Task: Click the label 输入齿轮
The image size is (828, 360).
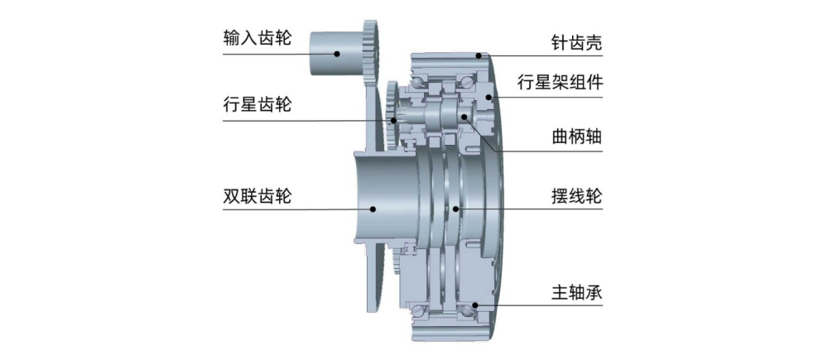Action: [258, 37]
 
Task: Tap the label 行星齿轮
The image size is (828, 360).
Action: [258, 104]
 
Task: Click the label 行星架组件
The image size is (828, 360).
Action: [561, 83]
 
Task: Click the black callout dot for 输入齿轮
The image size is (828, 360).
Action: [336, 53]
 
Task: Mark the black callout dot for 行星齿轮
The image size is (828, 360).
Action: [392, 120]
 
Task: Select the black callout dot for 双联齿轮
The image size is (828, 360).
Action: [373, 209]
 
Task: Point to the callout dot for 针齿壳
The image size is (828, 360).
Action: [479, 55]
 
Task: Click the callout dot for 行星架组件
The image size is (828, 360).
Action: [489, 97]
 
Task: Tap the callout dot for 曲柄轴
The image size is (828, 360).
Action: [463, 118]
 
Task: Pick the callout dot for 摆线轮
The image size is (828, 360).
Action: [456, 209]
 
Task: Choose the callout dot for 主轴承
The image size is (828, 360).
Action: [475, 305]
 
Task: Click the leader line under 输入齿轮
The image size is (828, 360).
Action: [280, 54]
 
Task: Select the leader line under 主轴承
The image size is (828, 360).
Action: [539, 305]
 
